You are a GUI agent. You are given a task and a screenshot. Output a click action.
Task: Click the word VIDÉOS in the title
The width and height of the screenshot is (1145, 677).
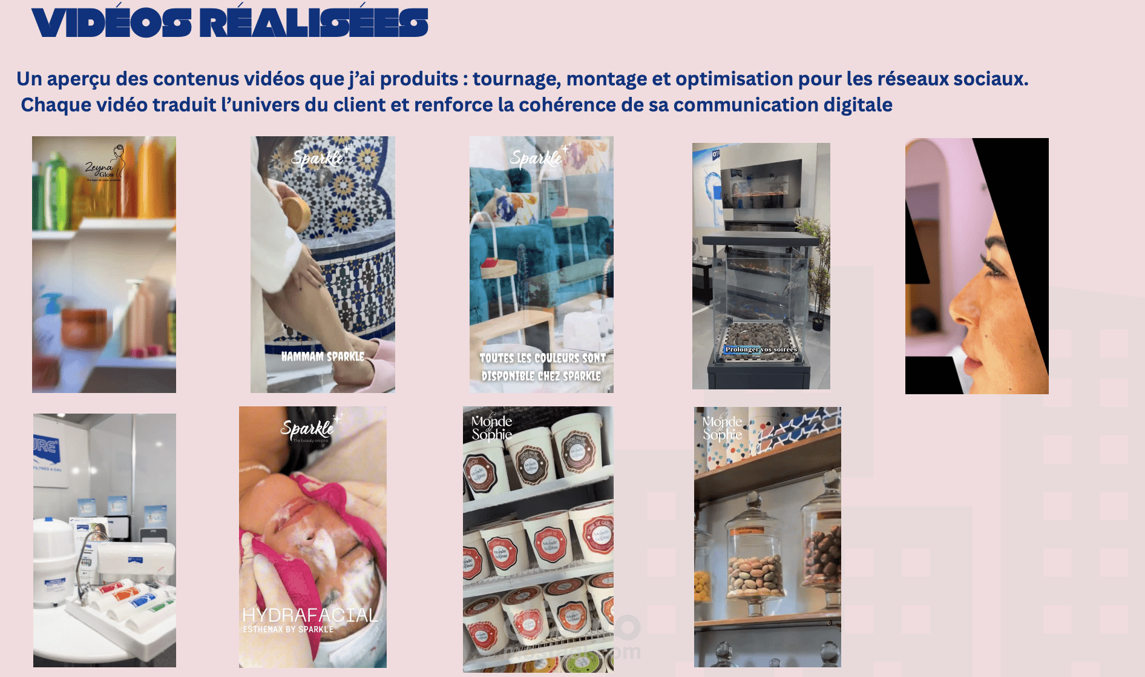click(111, 23)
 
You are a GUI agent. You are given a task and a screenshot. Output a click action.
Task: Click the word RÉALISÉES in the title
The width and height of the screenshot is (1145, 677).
click(313, 23)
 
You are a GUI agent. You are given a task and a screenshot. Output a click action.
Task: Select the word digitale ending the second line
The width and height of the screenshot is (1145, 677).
click(858, 105)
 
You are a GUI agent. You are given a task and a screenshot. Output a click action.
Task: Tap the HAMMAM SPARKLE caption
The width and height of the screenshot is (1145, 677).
click(323, 357)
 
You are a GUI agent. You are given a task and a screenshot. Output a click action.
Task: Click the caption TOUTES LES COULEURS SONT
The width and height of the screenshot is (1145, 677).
click(542, 358)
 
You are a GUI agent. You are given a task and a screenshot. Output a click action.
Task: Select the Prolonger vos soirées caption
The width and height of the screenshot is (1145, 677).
click(761, 349)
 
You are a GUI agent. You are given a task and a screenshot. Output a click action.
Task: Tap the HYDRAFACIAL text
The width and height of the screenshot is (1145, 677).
click(310, 615)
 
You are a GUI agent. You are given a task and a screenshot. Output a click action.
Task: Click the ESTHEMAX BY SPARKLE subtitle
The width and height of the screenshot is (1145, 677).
click(288, 630)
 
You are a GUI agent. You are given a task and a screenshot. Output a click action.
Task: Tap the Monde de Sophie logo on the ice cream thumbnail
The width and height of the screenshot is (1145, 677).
click(491, 428)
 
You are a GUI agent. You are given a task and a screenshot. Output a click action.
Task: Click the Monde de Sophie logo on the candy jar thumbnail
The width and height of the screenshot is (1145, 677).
click(722, 428)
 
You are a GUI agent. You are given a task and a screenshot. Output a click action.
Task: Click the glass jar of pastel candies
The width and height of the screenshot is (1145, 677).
click(754, 569)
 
